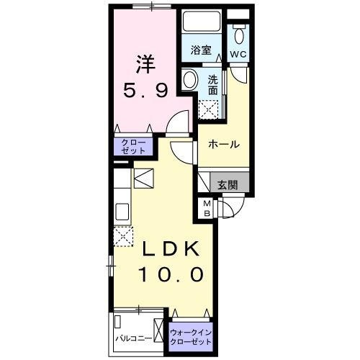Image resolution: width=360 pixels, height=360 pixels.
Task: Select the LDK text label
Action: pyautogui.click(x=171, y=249)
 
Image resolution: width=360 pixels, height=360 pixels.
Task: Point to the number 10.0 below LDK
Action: pyautogui.click(x=171, y=274)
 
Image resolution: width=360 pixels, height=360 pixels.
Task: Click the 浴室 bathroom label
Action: pyautogui.click(x=201, y=50)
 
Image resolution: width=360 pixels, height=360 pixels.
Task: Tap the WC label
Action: pyautogui.click(x=238, y=53)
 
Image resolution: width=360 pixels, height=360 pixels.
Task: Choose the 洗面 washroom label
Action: pyautogui.click(x=213, y=85)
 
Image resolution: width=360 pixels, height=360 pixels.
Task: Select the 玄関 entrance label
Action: pyautogui.click(x=226, y=184)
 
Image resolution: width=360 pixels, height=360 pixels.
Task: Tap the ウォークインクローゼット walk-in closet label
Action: pyautogui.click(x=192, y=337)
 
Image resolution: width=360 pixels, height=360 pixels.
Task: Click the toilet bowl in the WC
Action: pyautogui.click(x=239, y=35)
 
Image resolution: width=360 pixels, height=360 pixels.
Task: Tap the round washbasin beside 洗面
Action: pyautogui.click(x=191, y=79)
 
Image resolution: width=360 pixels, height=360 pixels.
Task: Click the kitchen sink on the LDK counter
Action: pyautogui.click(x=122, y=212)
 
